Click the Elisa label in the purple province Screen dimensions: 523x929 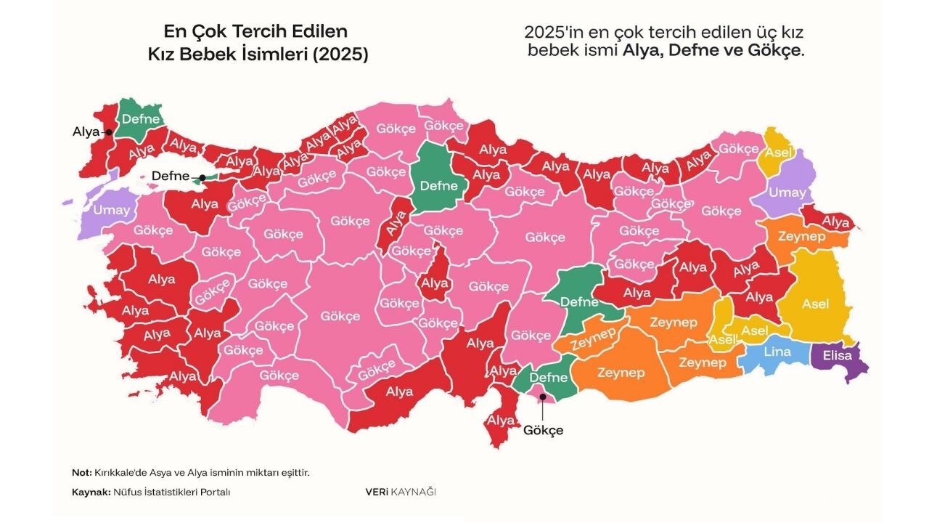[838, 357]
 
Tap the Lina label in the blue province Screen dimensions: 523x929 [777, 352]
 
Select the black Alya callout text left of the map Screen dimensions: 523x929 [86, 131]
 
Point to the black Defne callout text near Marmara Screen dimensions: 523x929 [171, 176]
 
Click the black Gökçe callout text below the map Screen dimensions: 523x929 [543, 430]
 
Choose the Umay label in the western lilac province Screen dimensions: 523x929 [112, 210]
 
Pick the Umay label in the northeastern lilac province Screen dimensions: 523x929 [787, 192]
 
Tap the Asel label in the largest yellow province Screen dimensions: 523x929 [815, 304]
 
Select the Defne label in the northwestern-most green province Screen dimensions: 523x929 [141, 119]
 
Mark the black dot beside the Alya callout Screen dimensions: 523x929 [108, 132]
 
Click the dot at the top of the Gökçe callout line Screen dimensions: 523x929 [541, 397]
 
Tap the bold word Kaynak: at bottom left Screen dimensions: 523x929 [91, 492]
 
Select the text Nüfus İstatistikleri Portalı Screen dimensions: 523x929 [171, 492]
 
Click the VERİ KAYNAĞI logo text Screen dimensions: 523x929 [401, 492]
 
